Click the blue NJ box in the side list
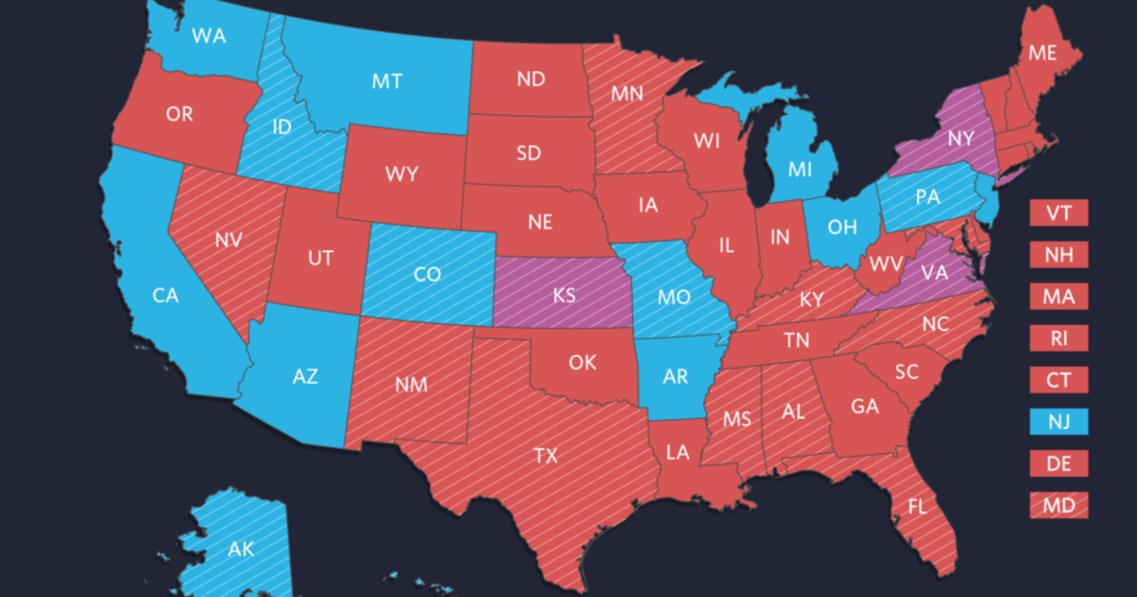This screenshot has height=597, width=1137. tap(1059, 421)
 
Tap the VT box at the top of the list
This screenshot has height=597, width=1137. tap(1059, 212)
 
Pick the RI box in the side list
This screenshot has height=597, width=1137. tap(1059, 337)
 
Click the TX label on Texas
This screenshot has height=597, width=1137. tap(545, 456)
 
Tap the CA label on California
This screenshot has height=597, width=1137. tap(166, 296)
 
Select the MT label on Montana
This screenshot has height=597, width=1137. tap(387, 81)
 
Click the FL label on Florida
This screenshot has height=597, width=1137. tap(916, 506)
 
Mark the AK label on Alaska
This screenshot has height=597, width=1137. tap(241, 548)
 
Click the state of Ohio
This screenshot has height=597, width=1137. tap(841, 227)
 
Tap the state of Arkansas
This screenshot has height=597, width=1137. tap(675, 376)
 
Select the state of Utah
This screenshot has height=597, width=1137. tap(320, 256)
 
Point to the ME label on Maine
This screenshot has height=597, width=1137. tap(1042, 54)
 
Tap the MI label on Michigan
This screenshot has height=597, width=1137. tap(801, 169)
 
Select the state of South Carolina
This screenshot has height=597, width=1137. tap(906, 372)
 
